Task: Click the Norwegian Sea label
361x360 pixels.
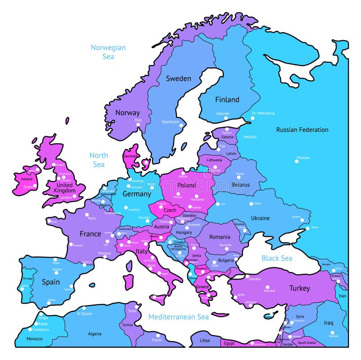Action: click(x=108, y=52)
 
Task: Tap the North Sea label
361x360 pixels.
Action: click(x=98, y=160)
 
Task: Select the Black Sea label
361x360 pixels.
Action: click(x=277, y=258)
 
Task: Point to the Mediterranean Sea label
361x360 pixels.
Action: click(x=179, y=317)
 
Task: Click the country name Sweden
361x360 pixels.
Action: click(x=178, y=79)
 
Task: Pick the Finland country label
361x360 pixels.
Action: click(x=227, y=99)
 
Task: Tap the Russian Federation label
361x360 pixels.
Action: click(x=302, y=130)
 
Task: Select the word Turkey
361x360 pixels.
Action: click(x=300, y=288)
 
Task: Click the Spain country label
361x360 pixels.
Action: click(x=51, y=282)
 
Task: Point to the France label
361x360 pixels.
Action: click(x=90, y=234)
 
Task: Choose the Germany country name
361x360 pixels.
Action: click(x=137, y=194)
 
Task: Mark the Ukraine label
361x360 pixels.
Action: click(x=260, y=218)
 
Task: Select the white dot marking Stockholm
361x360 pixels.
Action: click(x=181, y=125)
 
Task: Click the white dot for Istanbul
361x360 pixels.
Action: click(x=247, y=276)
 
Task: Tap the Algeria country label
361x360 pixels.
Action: click(x=94, y=334)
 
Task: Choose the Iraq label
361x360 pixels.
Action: click(x=328, y=323)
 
